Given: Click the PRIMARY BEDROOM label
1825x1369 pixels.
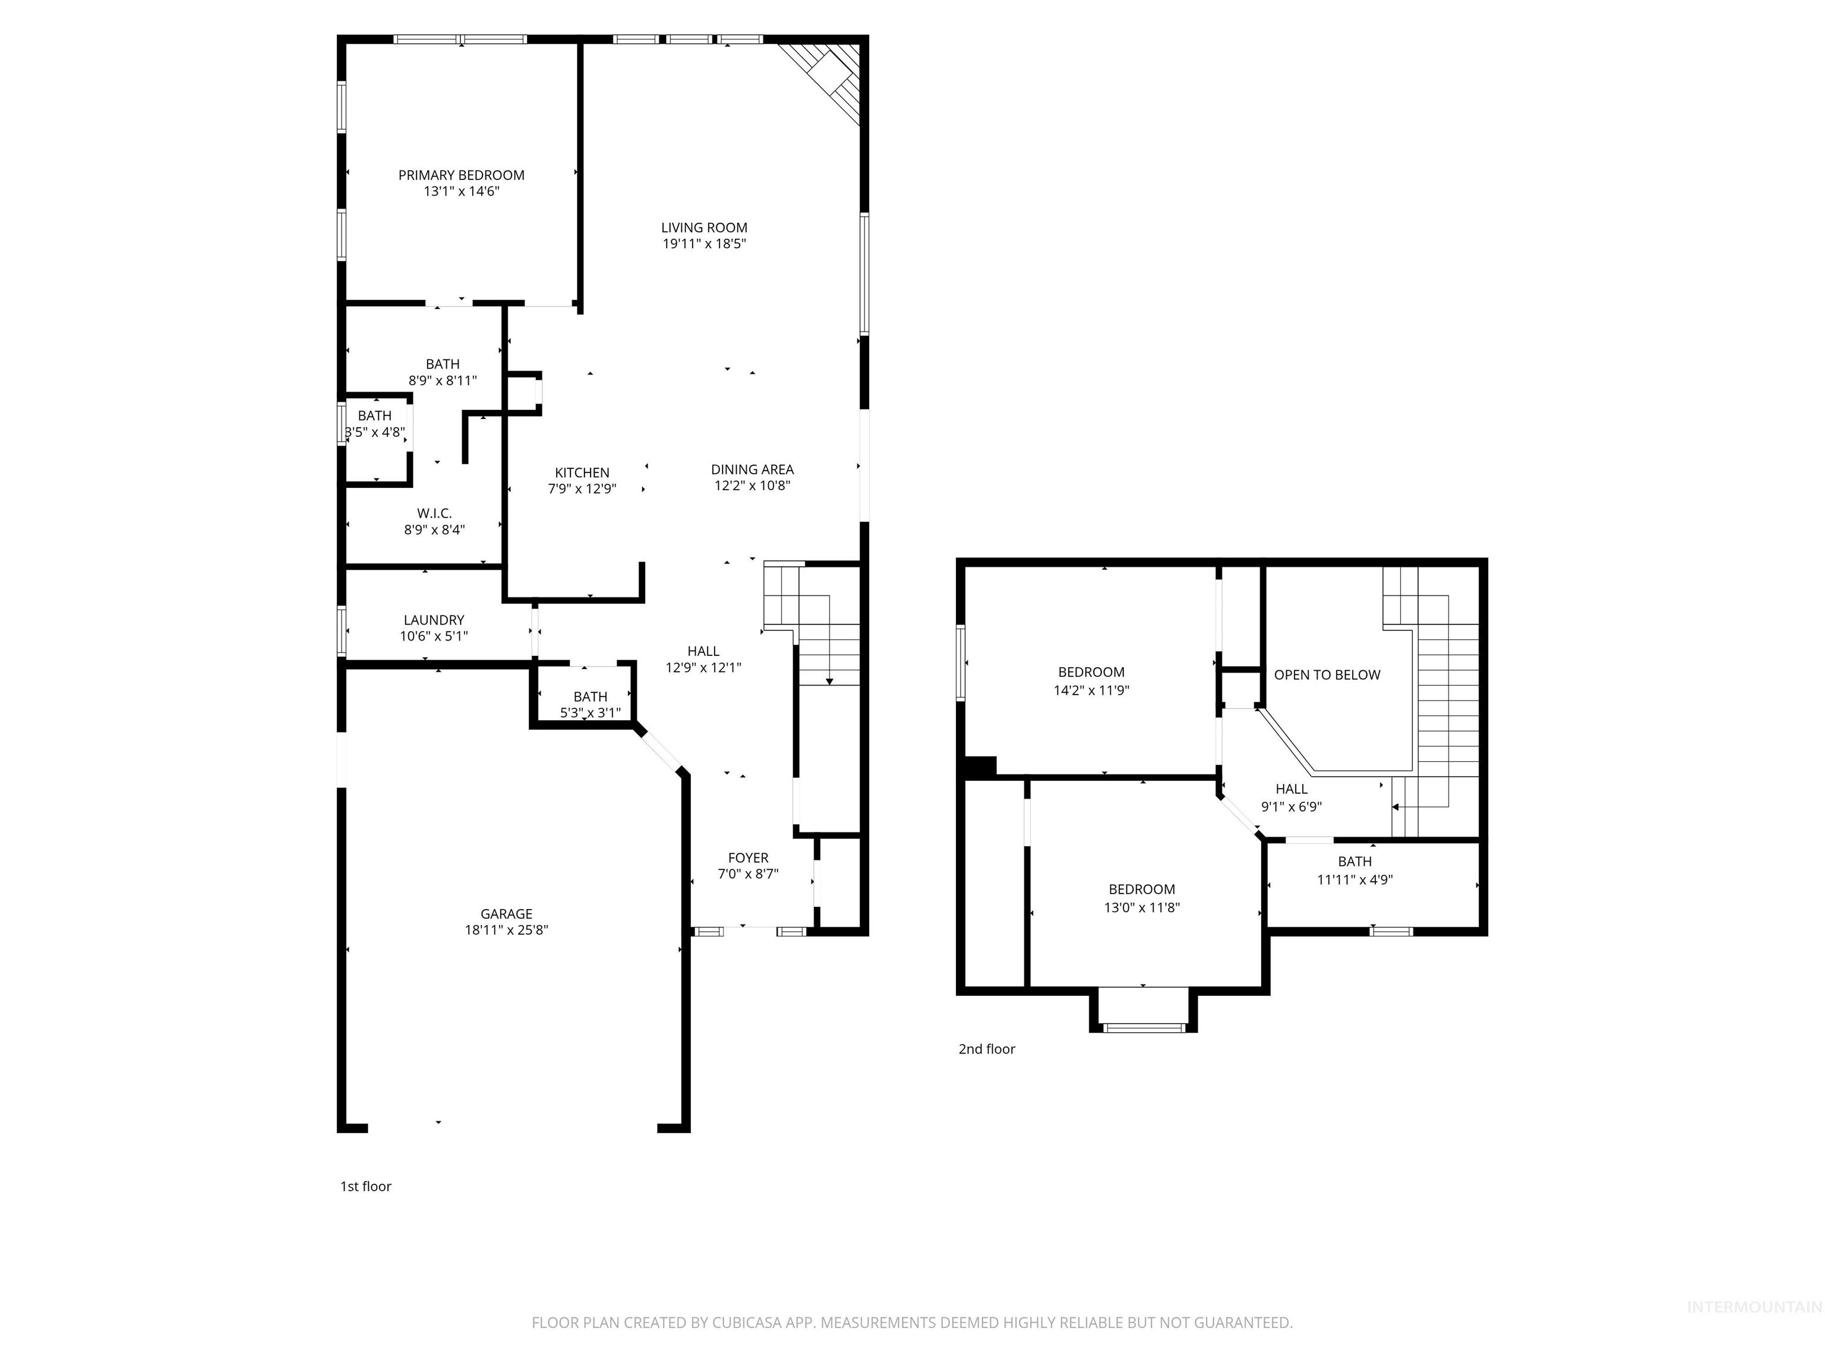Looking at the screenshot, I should pos(461,175).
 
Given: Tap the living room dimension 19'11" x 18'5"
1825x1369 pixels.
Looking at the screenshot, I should pos(705,244).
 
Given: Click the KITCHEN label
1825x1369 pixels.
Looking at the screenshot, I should pos(582,473).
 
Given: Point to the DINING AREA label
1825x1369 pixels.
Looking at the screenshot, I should pos(752,469).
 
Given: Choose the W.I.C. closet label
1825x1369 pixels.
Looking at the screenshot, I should pos(434,514).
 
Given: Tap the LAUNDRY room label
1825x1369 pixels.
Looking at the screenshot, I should pos(433,620).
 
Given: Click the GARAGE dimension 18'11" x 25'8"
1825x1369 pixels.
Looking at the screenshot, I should pos(506,930).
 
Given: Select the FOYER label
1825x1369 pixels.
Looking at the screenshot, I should pos(747,858).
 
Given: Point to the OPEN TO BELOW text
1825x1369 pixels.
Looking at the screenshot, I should pos(1327,675).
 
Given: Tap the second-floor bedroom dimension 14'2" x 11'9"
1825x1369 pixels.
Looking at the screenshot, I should pos(1091,690).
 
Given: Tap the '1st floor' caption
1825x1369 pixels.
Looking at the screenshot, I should pos(365,1187).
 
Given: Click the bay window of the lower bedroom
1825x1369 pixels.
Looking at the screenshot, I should pos(1144,1027).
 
